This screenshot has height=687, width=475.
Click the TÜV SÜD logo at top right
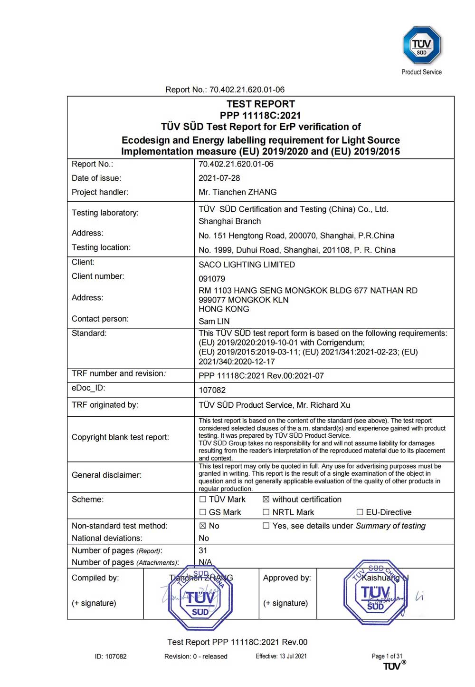(421, 46)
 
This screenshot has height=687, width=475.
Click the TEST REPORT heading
(260, 104)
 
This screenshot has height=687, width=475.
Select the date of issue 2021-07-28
(219, 178)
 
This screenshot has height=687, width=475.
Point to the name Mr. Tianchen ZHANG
(237, 192)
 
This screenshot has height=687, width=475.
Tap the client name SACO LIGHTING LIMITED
(247, 265)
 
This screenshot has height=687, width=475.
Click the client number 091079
(212, 279)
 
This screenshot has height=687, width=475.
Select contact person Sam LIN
(214, 321)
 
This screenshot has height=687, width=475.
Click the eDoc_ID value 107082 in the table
(212, 390)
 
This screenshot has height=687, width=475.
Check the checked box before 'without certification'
(266, 500)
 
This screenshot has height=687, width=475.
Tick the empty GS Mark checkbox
(203, 512)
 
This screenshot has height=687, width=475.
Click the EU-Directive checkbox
(360, 512)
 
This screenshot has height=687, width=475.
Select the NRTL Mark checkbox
(266, 512)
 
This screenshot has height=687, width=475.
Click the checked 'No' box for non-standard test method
(203, 526)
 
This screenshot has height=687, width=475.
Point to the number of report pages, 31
(203, 550)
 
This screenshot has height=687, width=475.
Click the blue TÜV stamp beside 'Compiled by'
(200, 598)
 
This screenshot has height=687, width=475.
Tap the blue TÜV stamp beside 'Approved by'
(375, 593)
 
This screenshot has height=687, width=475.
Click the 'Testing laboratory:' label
(105, 213)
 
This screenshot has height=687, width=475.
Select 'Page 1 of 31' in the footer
(387, 656)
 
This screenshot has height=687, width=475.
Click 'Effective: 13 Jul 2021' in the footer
(281, 656)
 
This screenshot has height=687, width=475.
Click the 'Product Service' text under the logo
(421, 72)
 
